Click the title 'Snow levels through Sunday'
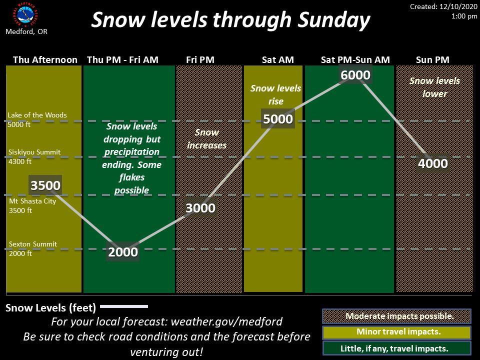[230, 20]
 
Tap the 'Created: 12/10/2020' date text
[443, 6]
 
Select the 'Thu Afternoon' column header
[45, 59]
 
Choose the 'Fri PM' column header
[200, 59]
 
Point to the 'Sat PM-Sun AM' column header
[355, 59]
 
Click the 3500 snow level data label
[45, 185]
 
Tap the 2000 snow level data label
[123, 252]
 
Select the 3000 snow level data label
[200, 208]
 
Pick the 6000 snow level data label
[355, 75]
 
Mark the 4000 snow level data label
[433, 163]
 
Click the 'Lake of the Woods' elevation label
[37, 115]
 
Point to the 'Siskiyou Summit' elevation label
[34, 152]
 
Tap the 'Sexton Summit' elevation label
[33, 244]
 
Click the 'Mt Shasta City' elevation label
[32, 201]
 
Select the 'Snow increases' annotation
[206, 138]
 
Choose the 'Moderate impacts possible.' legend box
[396, 316]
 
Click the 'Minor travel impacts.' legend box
[396, 332]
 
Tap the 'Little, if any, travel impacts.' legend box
[396, 348]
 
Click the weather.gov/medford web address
[226, 321]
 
